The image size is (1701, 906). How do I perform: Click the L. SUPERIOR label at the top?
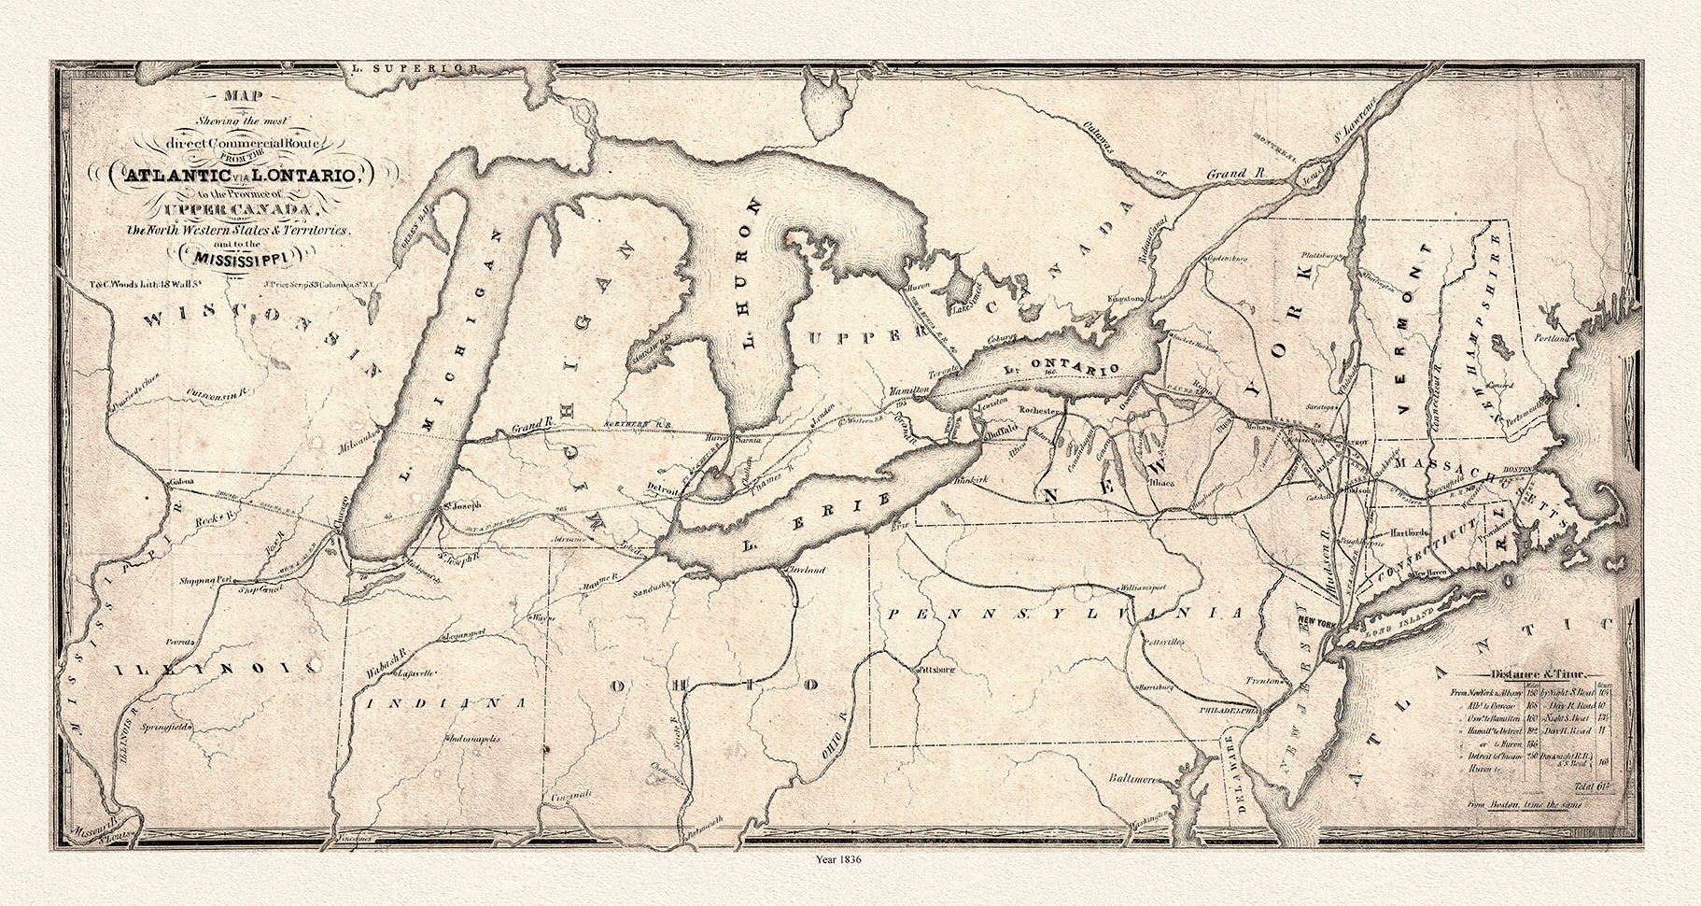tap(409, 69)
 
